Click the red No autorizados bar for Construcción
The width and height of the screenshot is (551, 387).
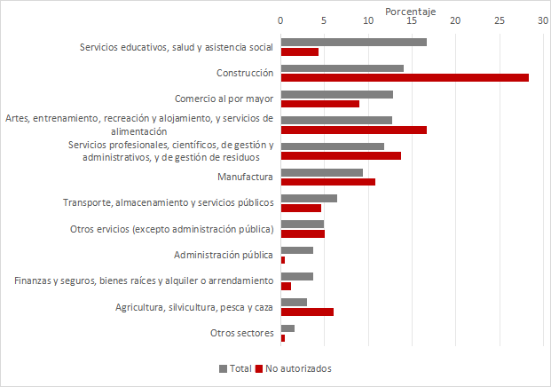pyautogui.click(x=405, y=78)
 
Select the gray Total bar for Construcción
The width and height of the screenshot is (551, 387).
pyautogui.click(x=342, y=68)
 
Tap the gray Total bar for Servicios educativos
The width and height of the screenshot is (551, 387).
pyautogui.click(x=353, y=42)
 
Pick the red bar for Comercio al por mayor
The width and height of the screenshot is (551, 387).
pyautogui.click(x=319, y=104)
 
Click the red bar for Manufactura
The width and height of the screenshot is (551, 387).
pyautogui.click(x=327, y=182)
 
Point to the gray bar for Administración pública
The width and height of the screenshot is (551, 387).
pyautogui.click(x=296, y=250)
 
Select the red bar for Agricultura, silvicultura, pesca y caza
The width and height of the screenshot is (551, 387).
pyautogui.click(x=307, y=312)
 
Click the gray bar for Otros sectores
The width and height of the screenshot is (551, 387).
pyautogui.click(x=287, y=328)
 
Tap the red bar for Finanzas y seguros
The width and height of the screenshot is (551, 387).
pyautogui.click(x=286, y=286)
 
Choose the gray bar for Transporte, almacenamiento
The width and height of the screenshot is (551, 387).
pyautogui.click(x=309, y=198)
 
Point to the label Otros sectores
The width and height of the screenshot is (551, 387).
pyautogui.click(x=241, y=333)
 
